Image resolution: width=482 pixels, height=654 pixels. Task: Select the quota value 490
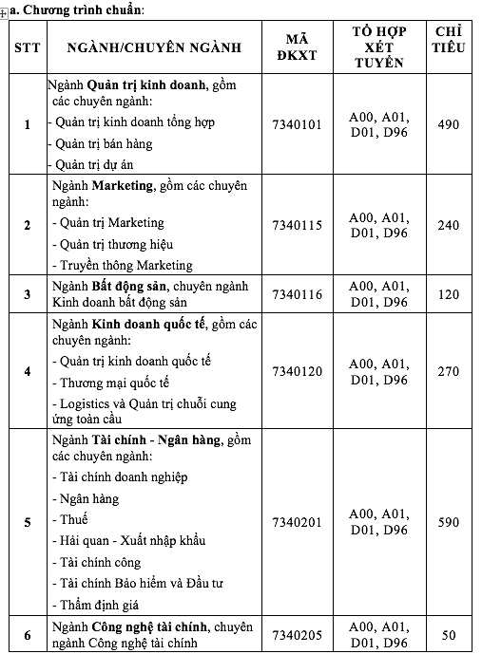coord(448,124)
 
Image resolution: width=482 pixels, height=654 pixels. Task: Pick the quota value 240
coord(448,225)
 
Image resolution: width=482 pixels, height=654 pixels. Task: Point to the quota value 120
coord(448,294)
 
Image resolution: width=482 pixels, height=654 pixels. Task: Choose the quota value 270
coord(448,370)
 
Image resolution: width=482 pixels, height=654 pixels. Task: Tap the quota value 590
coord(448,522)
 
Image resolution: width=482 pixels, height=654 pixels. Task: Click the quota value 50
coord(448,635)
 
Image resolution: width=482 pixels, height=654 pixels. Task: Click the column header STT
coord(27,47)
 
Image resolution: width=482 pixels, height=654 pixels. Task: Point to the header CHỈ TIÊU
coord(448,47)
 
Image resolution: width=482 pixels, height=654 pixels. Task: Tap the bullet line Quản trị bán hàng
coord(104,144)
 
